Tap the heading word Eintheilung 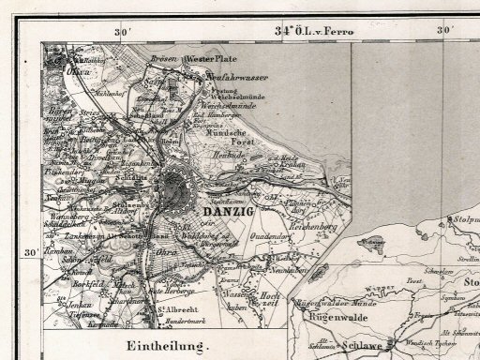pos(165,348)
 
